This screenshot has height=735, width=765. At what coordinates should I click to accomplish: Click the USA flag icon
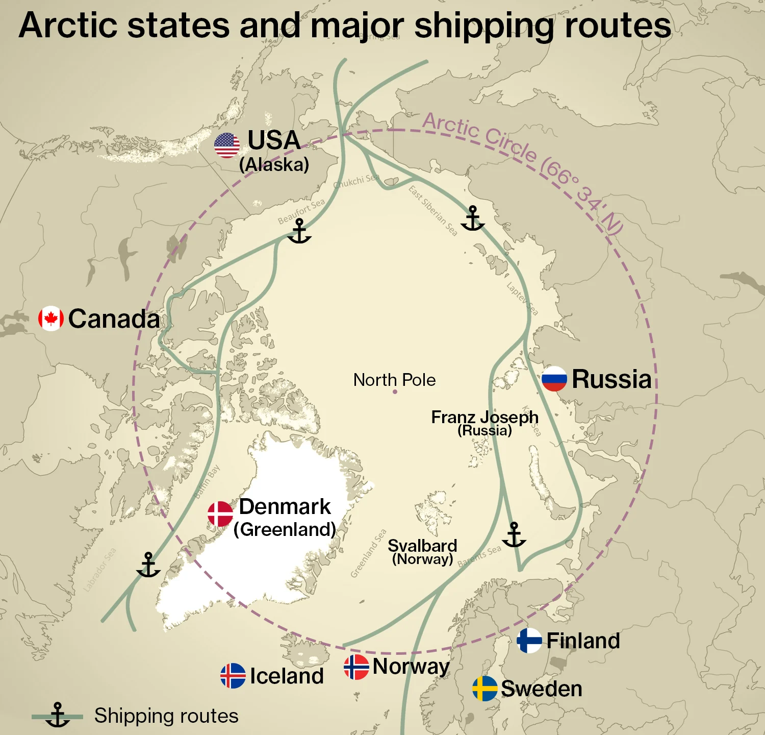(227, 145)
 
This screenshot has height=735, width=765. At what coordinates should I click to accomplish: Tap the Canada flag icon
(51, 318)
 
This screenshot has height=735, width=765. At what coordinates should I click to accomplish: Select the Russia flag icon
(554, 379)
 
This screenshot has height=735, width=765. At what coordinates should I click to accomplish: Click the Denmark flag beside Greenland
(220, 514)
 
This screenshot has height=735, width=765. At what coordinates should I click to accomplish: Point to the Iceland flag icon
(233, 676)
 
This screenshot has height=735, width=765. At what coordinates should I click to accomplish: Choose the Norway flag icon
(356, 667)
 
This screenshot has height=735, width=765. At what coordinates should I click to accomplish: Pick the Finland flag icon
(529, 641)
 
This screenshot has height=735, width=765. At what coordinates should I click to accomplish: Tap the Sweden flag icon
(485, 689)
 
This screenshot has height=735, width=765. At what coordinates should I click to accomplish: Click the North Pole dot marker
(395, 392)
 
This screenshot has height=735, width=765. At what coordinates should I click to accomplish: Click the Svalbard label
(422, 546)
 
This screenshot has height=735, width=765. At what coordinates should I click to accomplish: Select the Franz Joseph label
(484, 418)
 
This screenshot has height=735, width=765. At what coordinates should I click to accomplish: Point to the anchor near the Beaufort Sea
(299, 231)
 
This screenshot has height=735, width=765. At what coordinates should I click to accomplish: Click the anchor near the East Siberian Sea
(473, 218)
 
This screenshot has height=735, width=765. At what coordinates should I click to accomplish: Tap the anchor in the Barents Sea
(514, 534)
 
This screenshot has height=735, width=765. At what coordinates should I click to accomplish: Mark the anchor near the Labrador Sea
(148, 565)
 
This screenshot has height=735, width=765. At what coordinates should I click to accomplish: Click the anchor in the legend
(58, 715)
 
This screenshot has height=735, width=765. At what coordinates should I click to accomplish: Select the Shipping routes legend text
(166, 716)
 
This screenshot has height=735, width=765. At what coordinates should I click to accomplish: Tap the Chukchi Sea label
(356, 181)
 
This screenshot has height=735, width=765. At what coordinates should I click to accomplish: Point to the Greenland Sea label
(368, 554)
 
